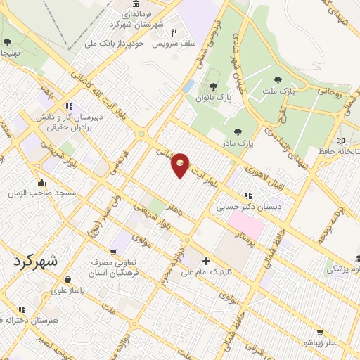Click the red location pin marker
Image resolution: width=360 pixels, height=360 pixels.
(181, 165)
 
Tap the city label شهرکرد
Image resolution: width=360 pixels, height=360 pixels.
(37, 260)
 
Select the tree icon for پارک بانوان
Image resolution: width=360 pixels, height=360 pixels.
(213, 86)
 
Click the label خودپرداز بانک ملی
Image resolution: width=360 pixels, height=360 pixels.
(114, 43)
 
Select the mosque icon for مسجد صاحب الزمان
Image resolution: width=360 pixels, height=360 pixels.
(44, 181)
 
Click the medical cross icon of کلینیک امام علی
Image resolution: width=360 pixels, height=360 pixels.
(205, 259)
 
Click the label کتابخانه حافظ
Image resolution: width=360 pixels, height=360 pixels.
(330, 150)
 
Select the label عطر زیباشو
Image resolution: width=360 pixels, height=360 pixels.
(321, 342)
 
